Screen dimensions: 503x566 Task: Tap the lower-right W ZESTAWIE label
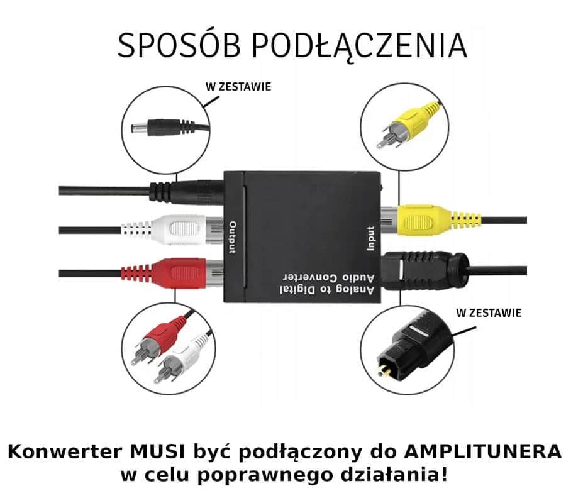[x=488, y=312]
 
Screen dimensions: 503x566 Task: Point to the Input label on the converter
[x=371, y=238]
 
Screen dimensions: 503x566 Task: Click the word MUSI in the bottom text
[x=156, y=451]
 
